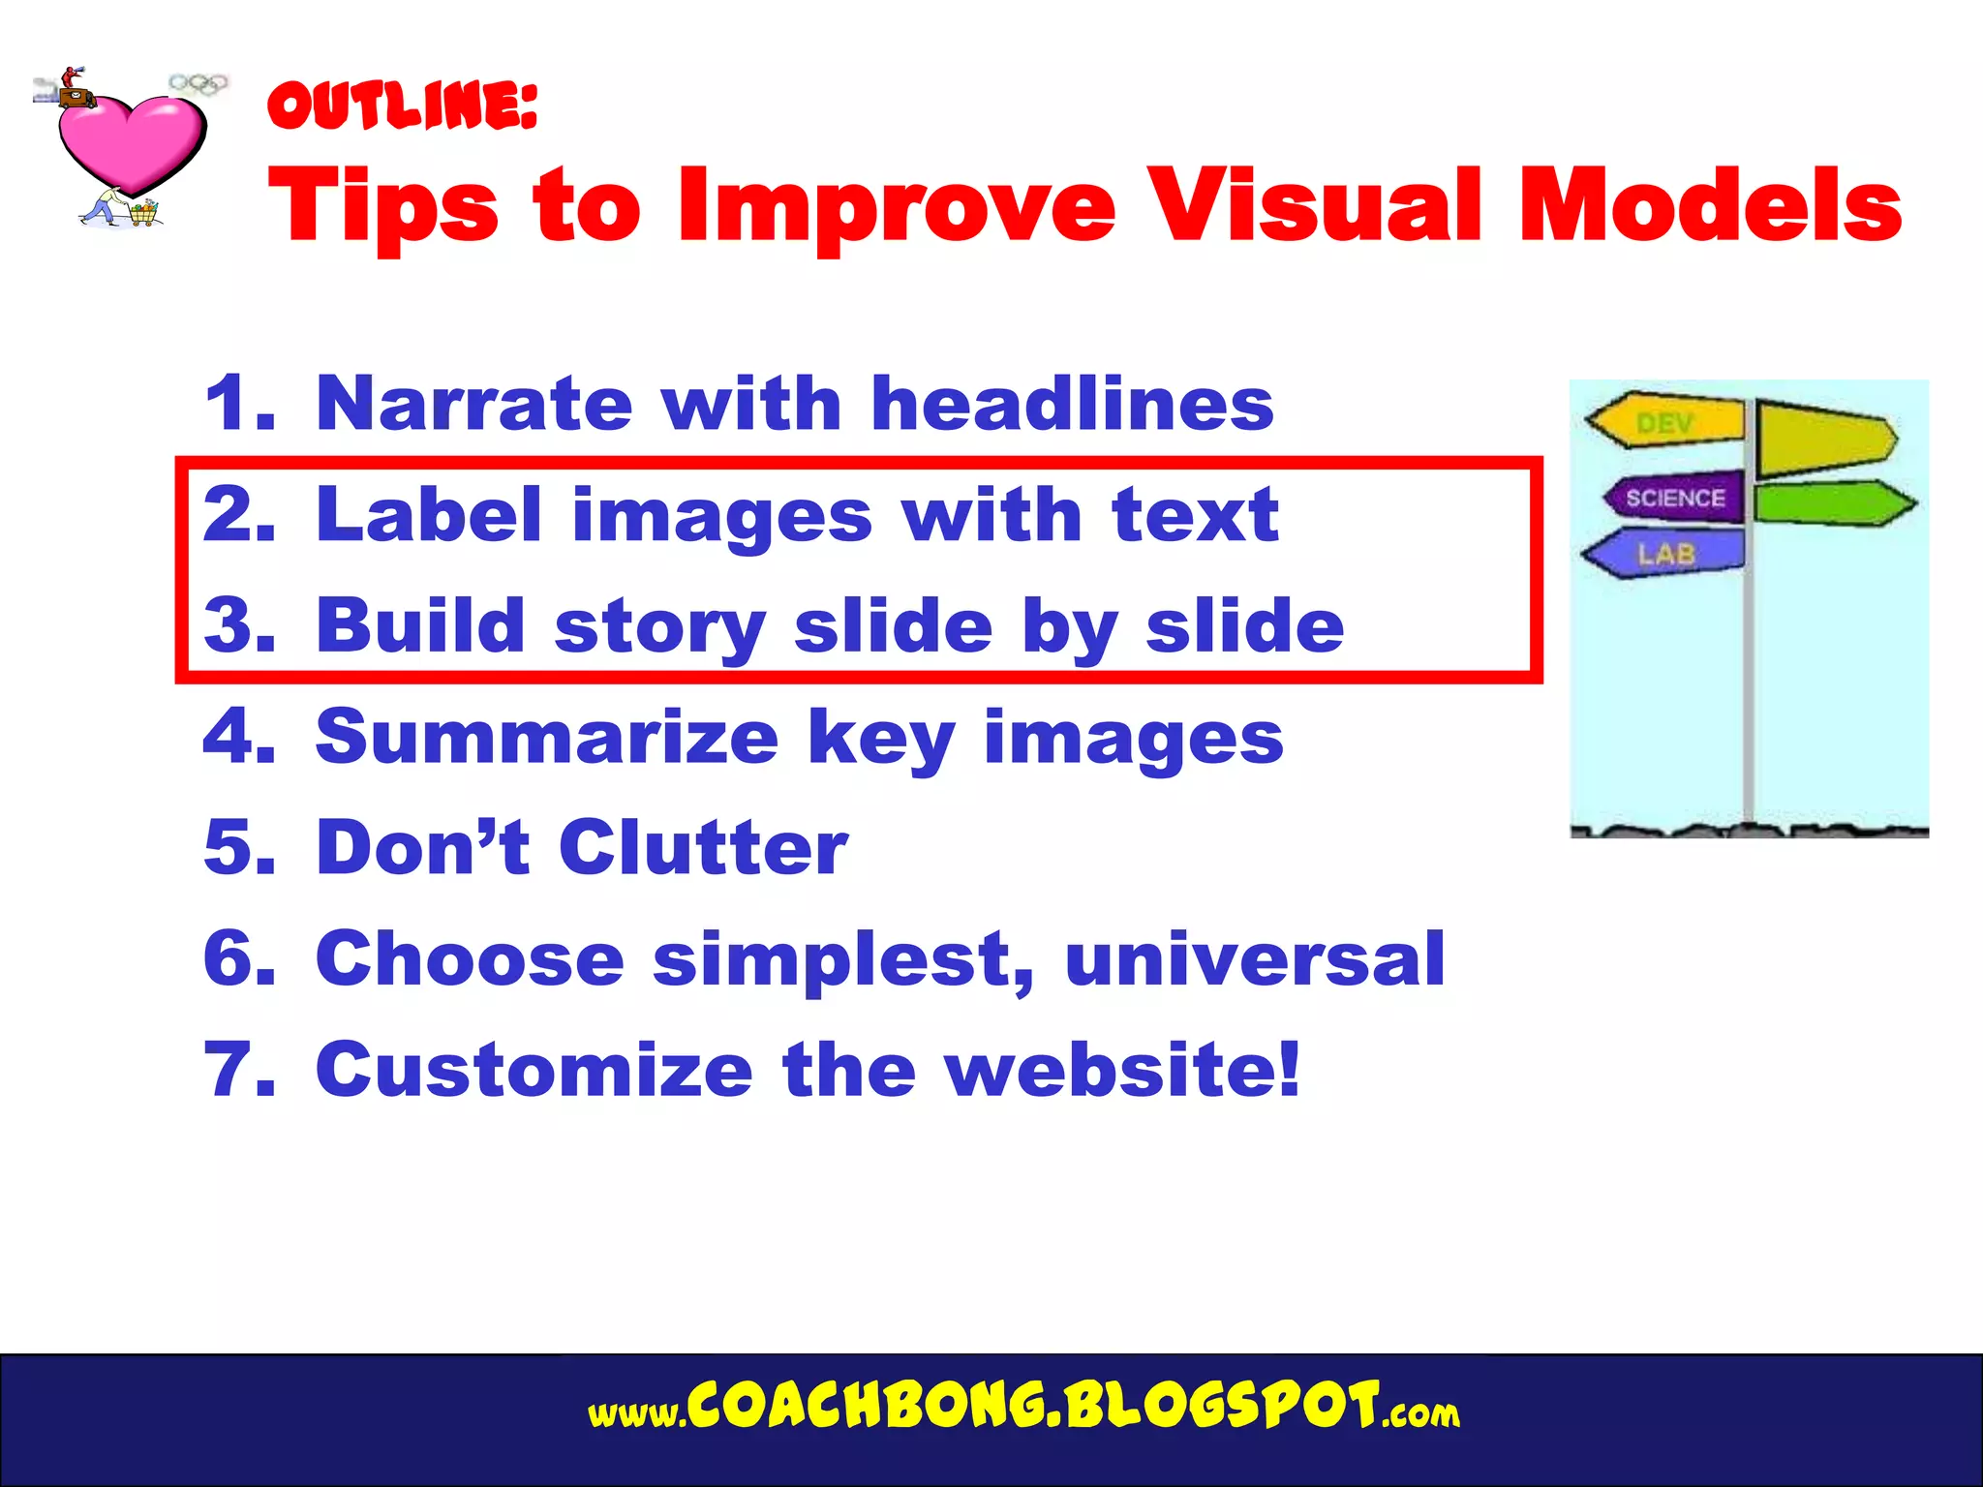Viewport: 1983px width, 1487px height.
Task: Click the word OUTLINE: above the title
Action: click(402, 106)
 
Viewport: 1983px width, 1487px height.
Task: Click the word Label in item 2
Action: click(428, 514)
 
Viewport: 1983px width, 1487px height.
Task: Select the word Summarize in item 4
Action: click(547, 737)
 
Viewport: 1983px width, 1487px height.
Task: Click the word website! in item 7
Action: click(1123, 1070)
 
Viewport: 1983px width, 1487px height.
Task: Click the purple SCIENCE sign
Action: click(1673, 498)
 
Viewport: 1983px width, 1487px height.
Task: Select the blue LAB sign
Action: click(1665, 554)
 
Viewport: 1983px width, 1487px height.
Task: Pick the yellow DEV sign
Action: click(1665, 422)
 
